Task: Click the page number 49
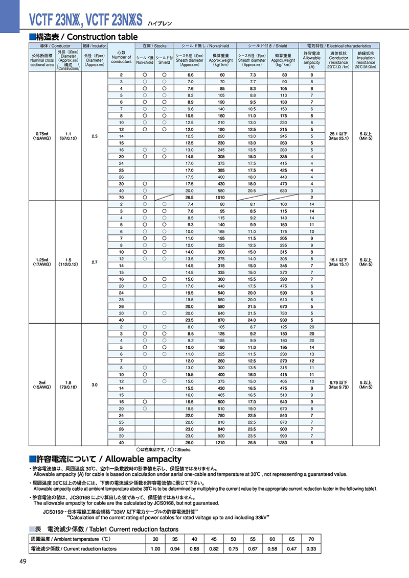22,562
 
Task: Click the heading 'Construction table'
102,37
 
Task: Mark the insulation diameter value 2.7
95,262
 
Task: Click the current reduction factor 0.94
174,549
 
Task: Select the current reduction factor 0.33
311,549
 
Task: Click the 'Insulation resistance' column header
366,59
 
